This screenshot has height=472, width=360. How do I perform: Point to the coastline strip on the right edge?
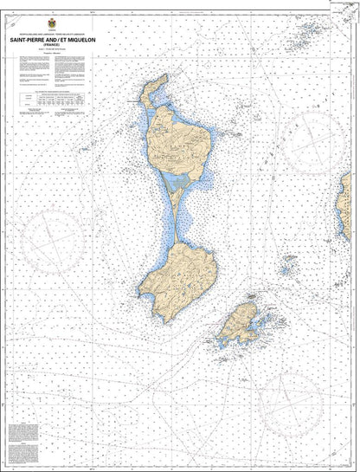[355, 208]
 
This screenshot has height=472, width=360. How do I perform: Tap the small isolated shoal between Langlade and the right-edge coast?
[288, 257]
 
